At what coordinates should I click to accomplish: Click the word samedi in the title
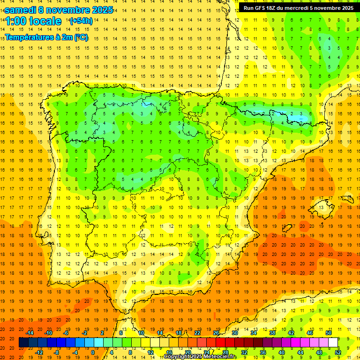pos(21,10)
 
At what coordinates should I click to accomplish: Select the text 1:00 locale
pos(33,21)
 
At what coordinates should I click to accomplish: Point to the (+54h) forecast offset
pos(81,21)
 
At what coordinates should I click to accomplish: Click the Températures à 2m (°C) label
pos(46,37)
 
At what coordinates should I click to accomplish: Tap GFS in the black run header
pos(262,8)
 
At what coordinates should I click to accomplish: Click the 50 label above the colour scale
pos(328,333)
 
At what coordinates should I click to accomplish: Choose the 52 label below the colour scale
pos(338,352)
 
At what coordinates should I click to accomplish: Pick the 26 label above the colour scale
pos(216,333)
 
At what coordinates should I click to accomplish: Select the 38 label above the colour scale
pos(272,333)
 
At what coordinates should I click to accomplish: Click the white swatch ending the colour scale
pos(333,343)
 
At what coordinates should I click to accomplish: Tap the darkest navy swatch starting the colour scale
pos(24,343)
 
